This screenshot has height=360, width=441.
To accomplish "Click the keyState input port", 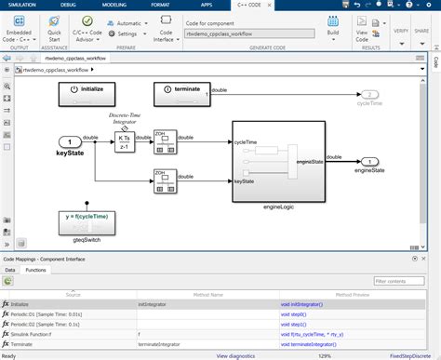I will (x=71, y=140).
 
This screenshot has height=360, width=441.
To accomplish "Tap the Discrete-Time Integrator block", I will (x=124, y=141).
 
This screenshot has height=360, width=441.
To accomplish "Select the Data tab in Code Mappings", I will (x=10, y=269).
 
